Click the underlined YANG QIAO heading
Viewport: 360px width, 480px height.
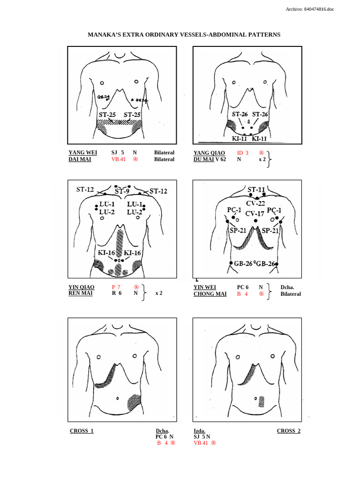pos(209,153)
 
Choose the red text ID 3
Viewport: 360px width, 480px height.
pos(242,153)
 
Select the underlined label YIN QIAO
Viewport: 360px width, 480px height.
pos(81,287)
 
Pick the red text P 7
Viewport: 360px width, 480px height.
pos(116,287)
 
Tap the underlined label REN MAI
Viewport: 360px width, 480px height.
pos(81,294)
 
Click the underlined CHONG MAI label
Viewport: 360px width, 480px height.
pos(210,294)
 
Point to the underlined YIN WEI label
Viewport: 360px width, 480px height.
pos(205,287)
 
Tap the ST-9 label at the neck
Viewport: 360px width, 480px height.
pos(122,191)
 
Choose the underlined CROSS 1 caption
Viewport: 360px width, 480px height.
pos(82,431)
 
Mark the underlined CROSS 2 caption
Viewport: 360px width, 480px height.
pos(289,431)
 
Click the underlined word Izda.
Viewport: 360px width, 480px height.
pos(199,431)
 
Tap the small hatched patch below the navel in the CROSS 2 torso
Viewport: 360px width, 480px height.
pos(261,401)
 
